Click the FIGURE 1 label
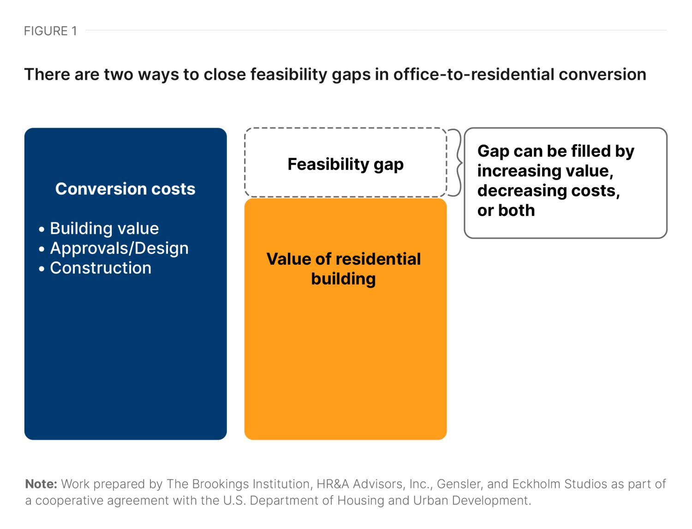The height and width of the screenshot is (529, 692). click(50, 31)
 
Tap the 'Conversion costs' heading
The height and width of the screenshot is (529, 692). click(125, 189)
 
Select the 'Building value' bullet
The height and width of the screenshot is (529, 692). click(104, 228)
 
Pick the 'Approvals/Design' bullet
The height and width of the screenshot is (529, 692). click(119, 248)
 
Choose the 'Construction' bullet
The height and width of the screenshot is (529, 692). click(100, 268)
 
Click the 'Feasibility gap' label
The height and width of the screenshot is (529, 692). click(346, 164)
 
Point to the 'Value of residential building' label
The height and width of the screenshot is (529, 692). click(344, 269)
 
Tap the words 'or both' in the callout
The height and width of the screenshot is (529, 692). click(506, 210)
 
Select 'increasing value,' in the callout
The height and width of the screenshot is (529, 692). click(545, 171)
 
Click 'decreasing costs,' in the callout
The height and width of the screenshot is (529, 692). click(549, 190)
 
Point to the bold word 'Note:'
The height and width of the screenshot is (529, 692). click(41, 484)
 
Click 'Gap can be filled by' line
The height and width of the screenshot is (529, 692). click(556, 151)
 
